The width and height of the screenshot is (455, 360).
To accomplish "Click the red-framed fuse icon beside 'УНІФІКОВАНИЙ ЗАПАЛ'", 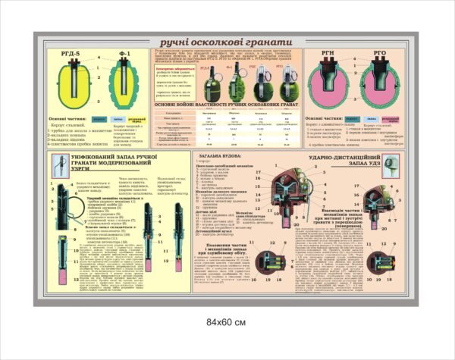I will (58, 161).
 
